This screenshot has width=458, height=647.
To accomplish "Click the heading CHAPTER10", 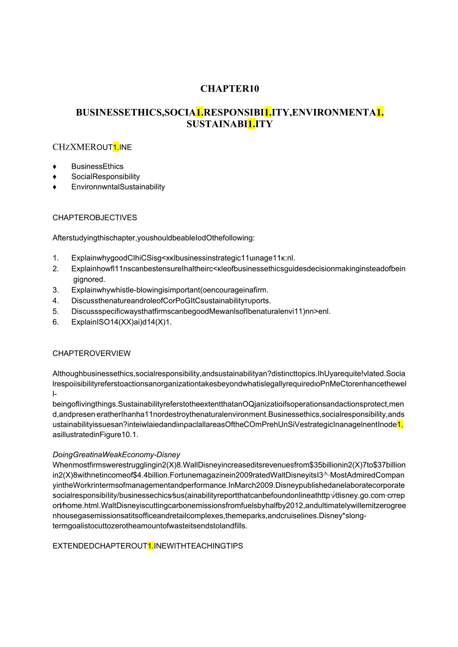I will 229,89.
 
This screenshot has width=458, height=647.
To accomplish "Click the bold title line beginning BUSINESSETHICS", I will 229,112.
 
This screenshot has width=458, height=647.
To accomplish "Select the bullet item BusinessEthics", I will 97,167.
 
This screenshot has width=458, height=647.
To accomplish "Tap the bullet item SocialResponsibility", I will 106,177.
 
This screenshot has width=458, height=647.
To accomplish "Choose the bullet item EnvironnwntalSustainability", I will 118,187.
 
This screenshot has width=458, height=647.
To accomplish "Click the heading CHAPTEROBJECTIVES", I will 95,218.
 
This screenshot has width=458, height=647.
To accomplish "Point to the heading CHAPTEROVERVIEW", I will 92,354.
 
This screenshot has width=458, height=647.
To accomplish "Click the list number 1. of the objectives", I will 56,258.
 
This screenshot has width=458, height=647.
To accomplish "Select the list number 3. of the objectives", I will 56,290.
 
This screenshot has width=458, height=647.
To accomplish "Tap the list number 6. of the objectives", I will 56,322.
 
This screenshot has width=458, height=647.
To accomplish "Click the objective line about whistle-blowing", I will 170,290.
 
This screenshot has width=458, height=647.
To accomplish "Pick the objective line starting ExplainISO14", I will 121,322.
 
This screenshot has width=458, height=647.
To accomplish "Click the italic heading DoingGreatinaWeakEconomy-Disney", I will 116,455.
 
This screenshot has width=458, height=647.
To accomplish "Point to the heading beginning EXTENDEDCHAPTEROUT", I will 147,546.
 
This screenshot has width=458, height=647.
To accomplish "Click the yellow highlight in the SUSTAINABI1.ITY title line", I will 251,124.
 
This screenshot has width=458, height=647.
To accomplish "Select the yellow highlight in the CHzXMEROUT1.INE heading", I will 115,147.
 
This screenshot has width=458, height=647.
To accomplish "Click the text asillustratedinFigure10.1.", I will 96,434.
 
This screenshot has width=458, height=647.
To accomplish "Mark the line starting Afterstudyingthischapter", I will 153,238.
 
